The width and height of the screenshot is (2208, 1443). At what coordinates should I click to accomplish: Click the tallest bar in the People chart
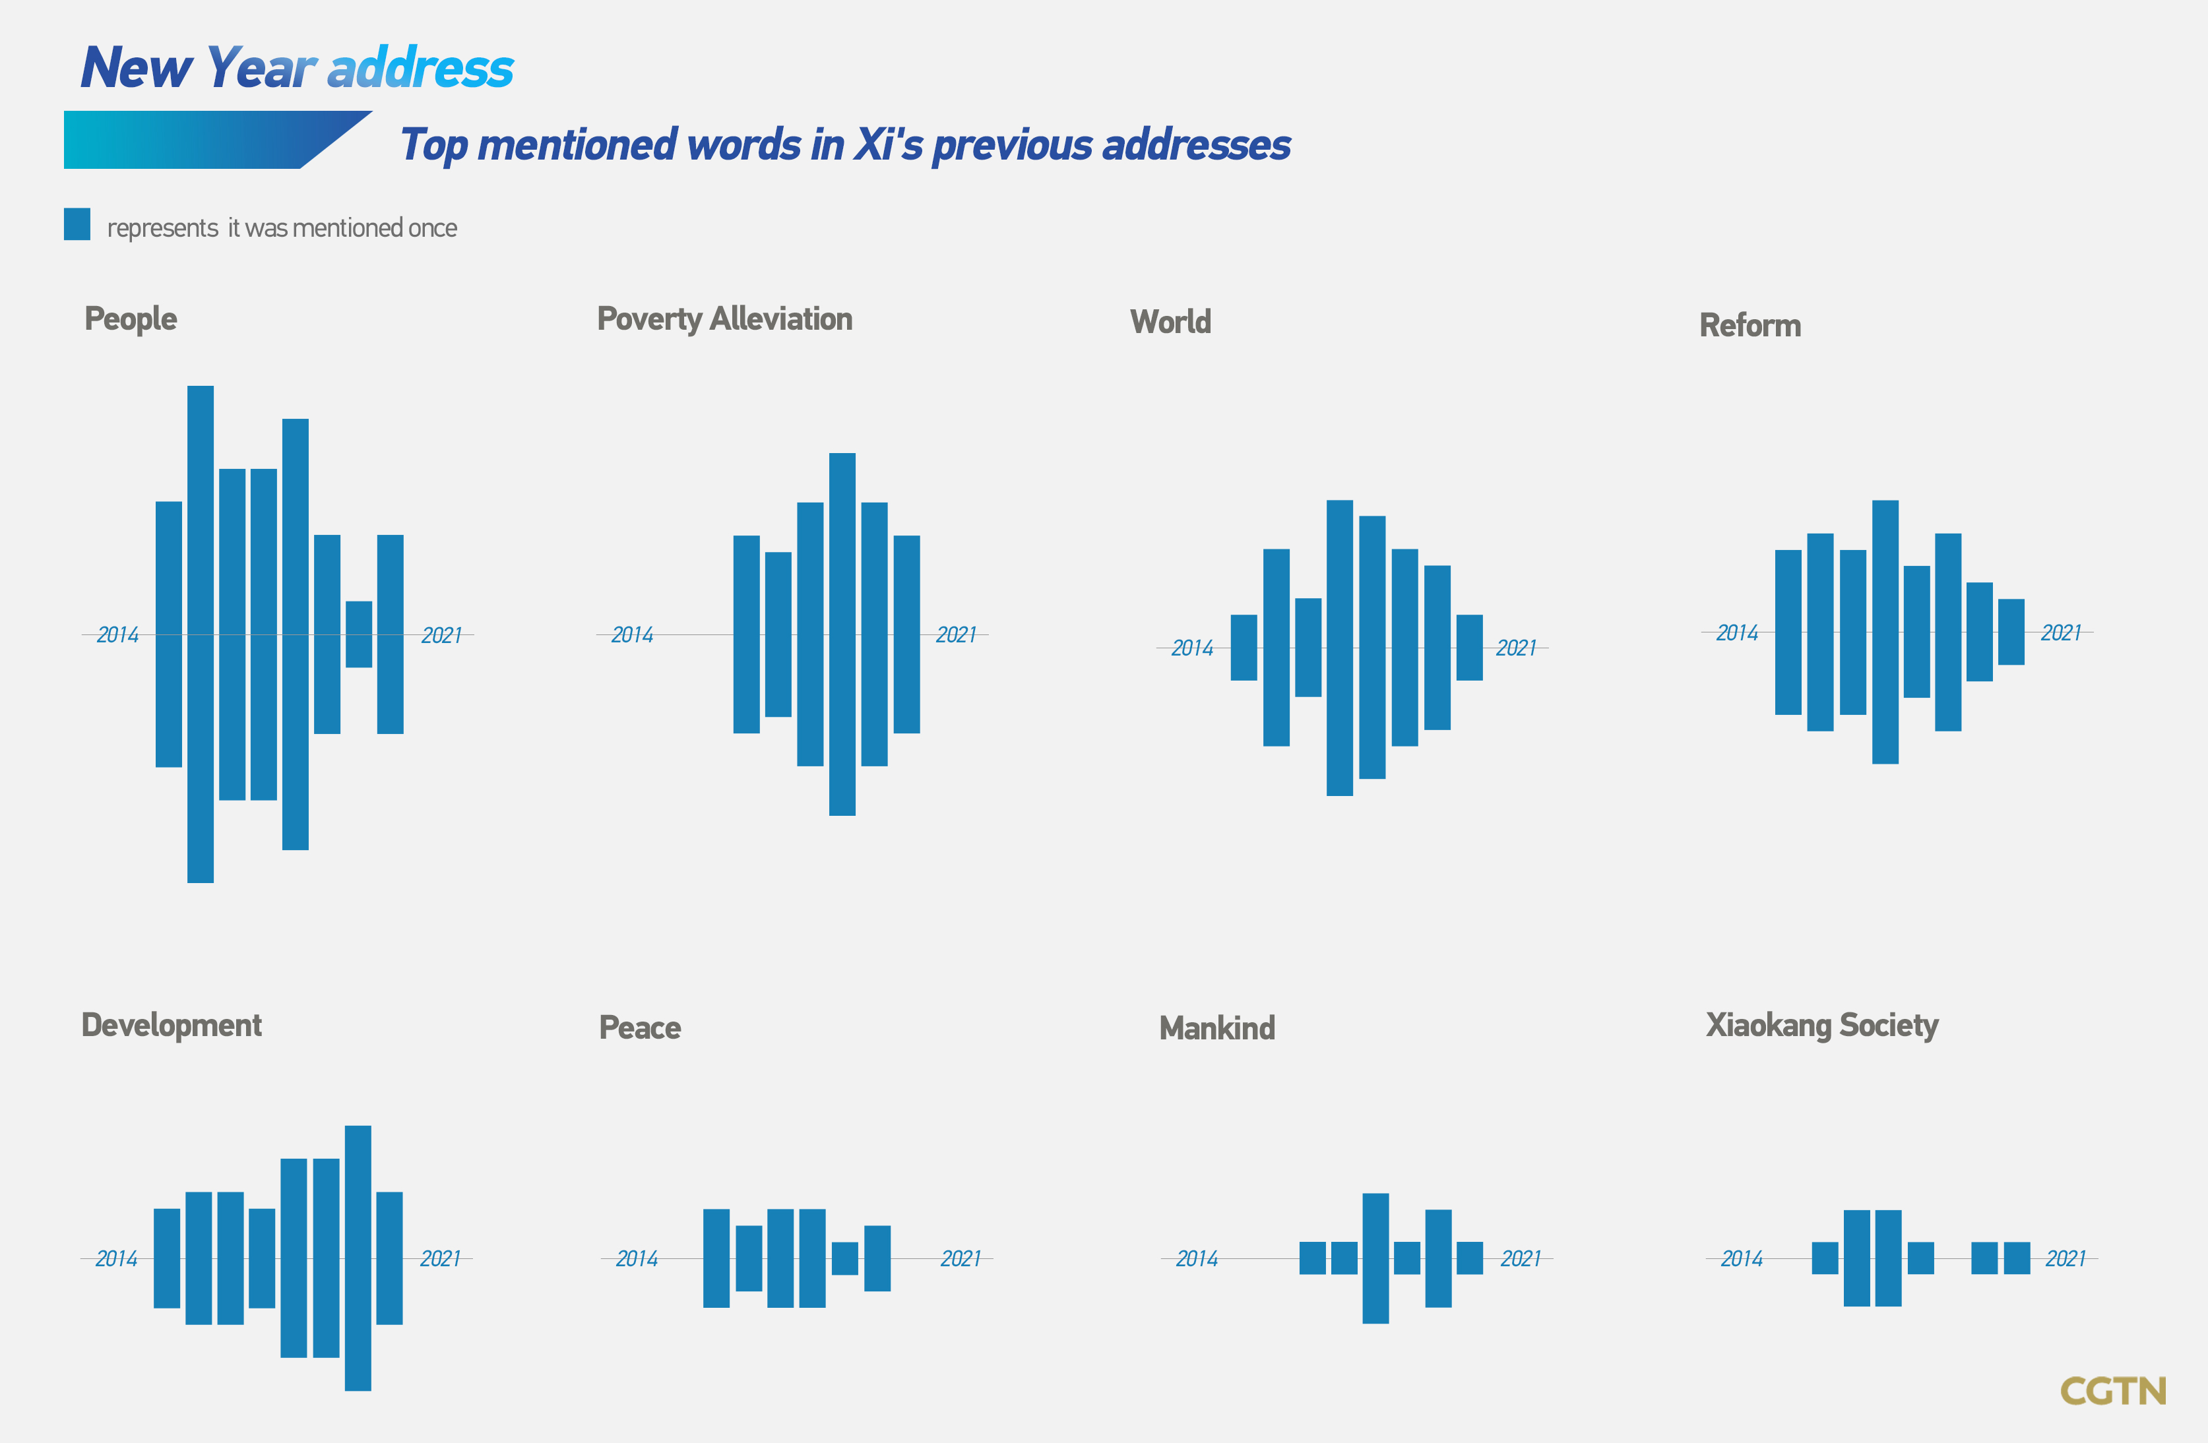click(201, 634)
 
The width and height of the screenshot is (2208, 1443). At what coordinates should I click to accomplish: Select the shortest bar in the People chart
click(359, 634)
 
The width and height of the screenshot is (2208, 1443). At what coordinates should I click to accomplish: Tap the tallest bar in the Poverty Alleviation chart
click(842, 634)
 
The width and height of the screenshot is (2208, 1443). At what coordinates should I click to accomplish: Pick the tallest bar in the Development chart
click(358, 1258)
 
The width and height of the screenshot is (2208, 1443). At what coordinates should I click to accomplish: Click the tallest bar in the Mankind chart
click(1376, 1258)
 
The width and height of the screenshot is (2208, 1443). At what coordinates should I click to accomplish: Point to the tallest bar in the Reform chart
click(1885, 632)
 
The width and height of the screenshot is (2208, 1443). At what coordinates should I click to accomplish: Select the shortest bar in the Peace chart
click(845, 1258)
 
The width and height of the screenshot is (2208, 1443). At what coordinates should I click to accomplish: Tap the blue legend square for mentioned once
click(77, 224)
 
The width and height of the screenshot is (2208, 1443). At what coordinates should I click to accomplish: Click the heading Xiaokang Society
click(1822, 1026)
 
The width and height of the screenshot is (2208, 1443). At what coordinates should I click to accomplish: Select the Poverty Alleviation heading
click(724, 319)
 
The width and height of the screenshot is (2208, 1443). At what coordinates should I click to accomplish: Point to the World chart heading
click(1171, 322)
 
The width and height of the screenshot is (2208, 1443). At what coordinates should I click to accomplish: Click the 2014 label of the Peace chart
click(637, 1258)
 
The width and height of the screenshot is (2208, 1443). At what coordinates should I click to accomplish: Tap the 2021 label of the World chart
click(1516, 648)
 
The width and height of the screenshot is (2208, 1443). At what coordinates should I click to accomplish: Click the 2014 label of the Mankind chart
click(1197, 1258)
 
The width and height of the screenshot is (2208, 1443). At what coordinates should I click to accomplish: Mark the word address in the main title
click(420, 68)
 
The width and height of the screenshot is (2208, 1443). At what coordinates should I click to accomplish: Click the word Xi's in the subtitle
click(888, 144)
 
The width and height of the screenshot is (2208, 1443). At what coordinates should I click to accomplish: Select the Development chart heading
click(172, 1026)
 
